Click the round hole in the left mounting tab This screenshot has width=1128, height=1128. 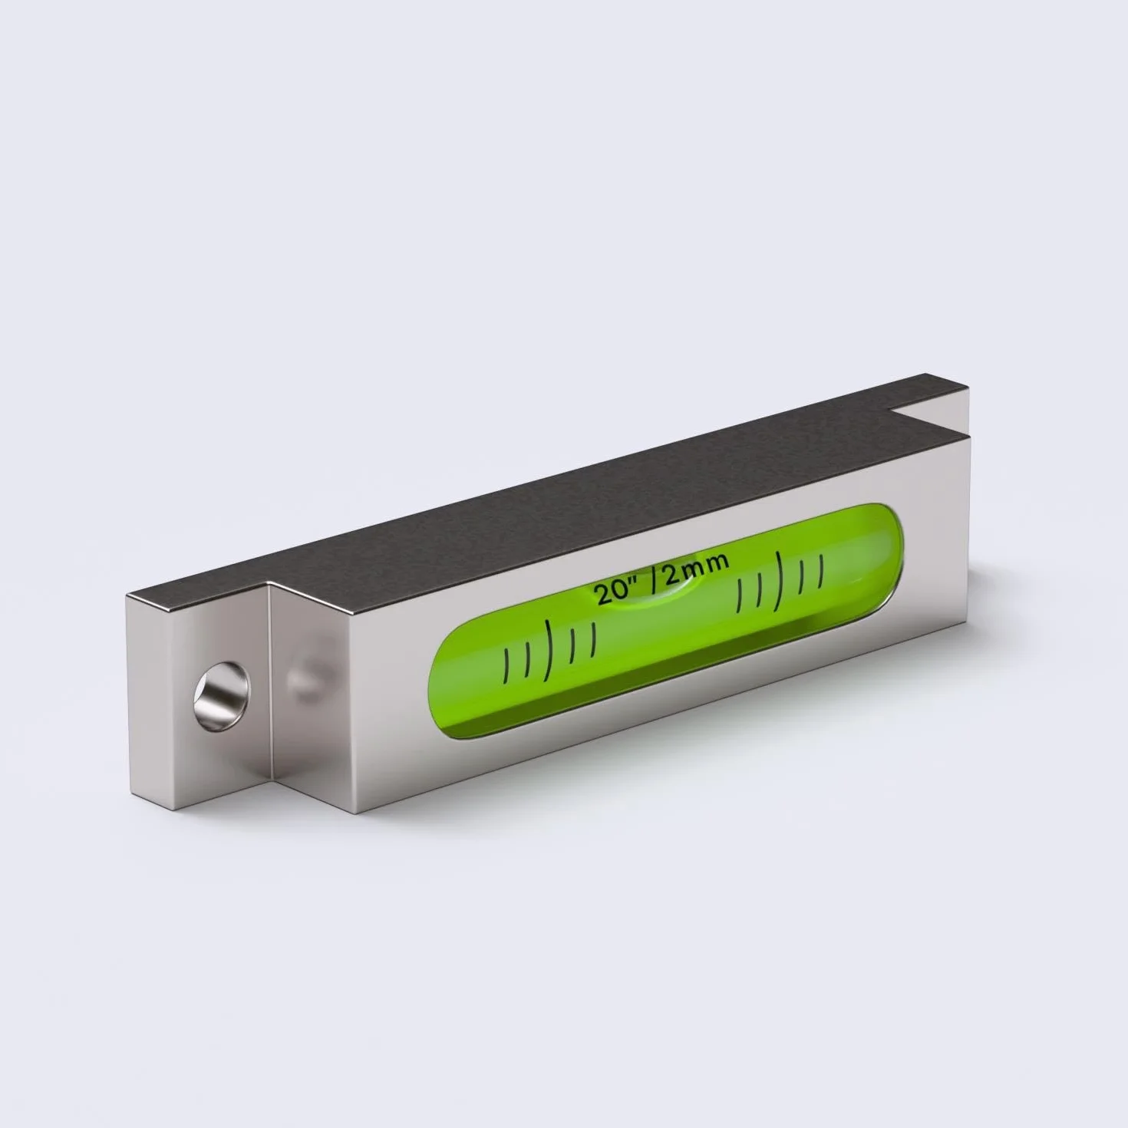pyautogui.click(x=222, y=694)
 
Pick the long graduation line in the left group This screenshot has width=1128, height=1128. pyautogui.click(x=549, y=651)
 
